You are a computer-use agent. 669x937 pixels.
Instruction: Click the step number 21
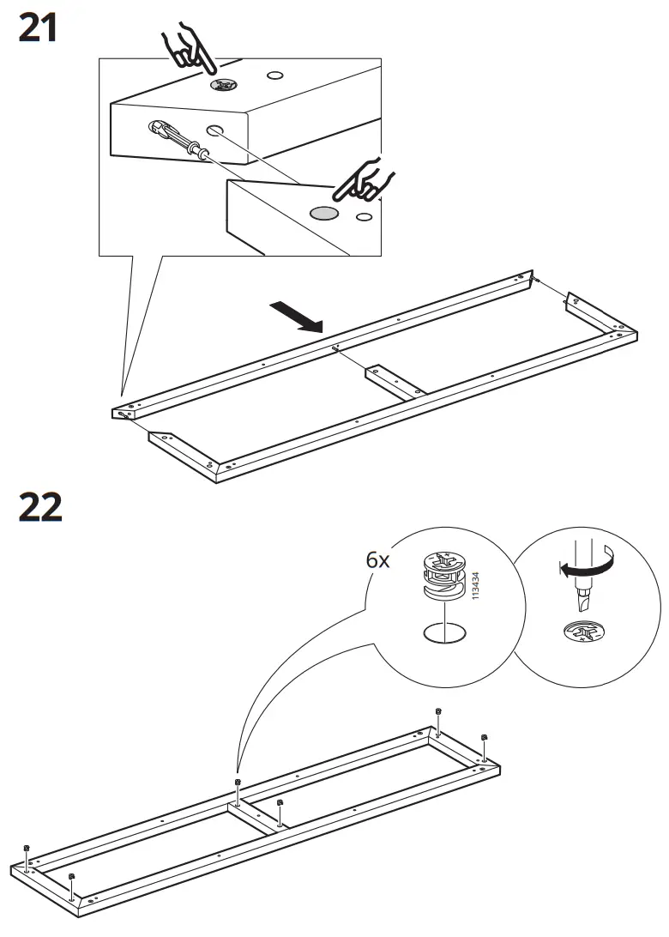tap(39, 28)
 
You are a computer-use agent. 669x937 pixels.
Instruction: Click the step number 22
tap(40, 507)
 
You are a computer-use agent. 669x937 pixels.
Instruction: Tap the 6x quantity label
tap(377, 560)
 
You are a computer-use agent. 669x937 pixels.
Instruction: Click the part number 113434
tap(475, 586)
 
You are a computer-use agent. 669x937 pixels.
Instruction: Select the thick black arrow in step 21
tap(296, 317)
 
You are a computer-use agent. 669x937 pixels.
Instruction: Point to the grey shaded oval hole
tap(323, 213)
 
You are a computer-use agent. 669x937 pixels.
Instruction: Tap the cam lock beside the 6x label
tap(444, 576)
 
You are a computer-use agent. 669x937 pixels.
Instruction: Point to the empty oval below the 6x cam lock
tap(444, 632)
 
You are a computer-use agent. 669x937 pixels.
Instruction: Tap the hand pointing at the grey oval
tap(365, 179)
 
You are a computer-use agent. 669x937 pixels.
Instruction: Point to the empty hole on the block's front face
tap(215, 129)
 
